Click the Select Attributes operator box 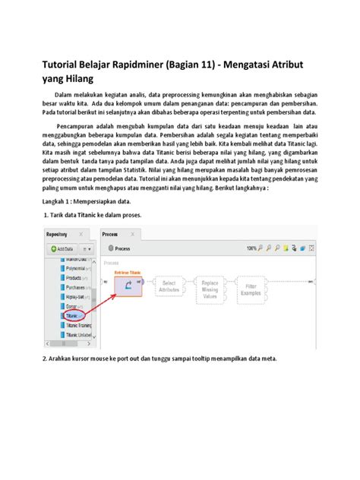coord(169,286)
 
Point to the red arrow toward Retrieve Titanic coord(97,303)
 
